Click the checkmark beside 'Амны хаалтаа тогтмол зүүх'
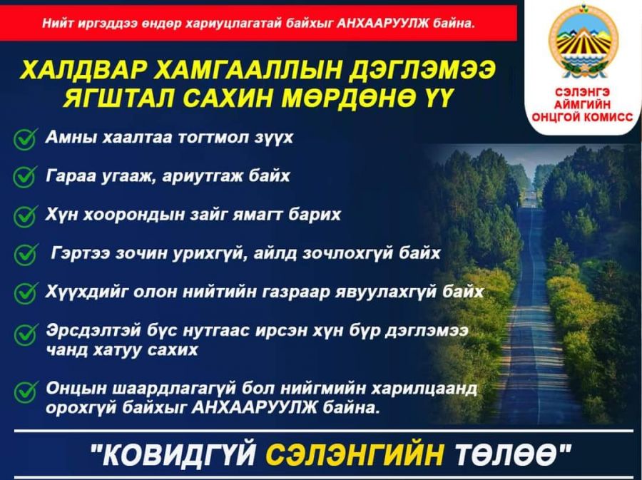pyautogui.click(x=26, y=139)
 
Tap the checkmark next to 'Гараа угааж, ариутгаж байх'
pyautogui.click(x=26, y=177)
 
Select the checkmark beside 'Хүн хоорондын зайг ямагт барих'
pyautogui.click(x=26, y=215)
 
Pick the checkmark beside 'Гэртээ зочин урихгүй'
pyautogui.click(x=26, y=254)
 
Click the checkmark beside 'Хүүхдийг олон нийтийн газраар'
pyautogui.click(x=26, y=292)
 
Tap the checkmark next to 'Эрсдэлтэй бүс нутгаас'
pyautogui.click(x=26, y=335)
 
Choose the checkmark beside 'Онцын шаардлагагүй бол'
pyautogui.click(x=26, y=392)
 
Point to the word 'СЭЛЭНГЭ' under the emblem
pyautogui.click(x=583, y=92)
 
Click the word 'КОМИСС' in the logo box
pyautogui.click(x=607, y=118)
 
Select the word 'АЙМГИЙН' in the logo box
pyautogui.click(x=582, y=105)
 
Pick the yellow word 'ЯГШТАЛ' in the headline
pyautogui.click(x=118, y=98)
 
